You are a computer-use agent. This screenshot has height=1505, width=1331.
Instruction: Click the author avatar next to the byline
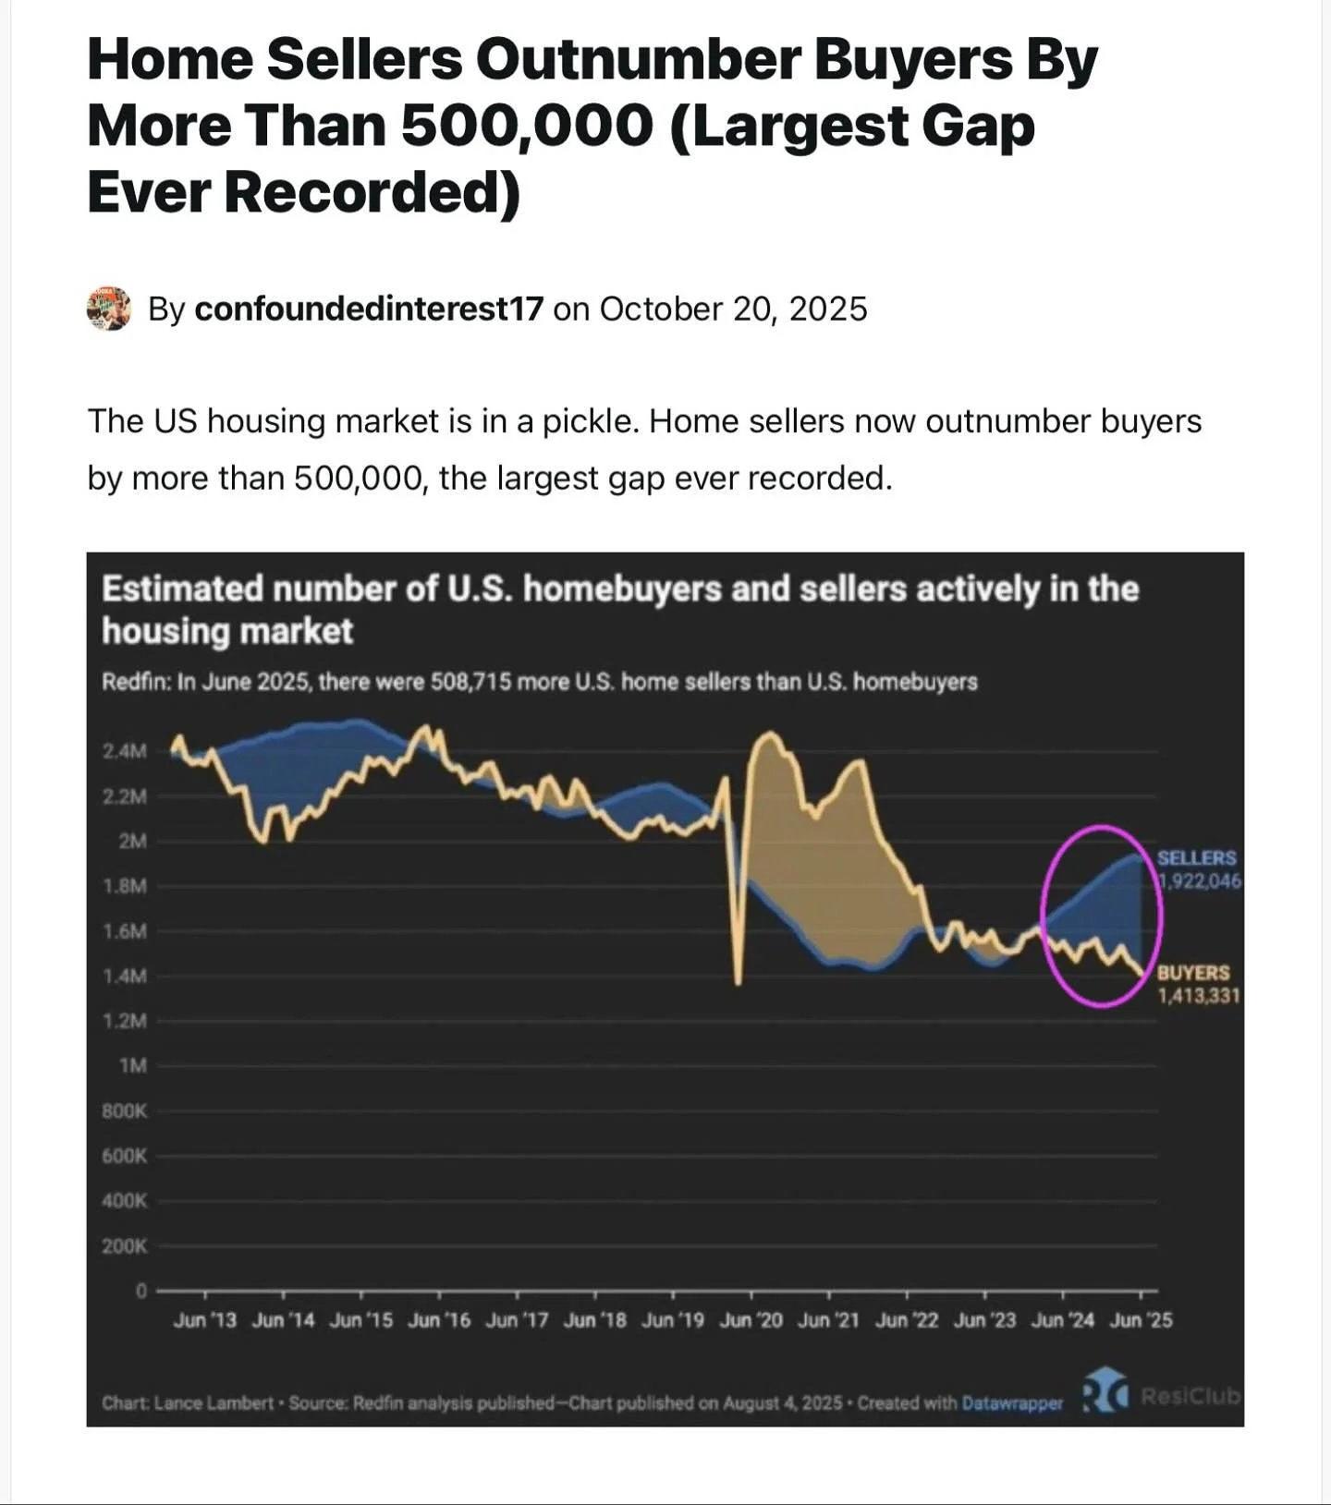109,309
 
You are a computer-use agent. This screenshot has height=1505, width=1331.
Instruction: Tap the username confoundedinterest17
369,309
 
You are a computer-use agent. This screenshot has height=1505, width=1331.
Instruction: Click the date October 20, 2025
733,309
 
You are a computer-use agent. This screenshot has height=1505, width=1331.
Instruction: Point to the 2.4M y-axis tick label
125,752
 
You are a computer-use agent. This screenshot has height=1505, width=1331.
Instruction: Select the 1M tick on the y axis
133,1066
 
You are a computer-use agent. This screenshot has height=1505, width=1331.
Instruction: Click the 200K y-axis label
125,1246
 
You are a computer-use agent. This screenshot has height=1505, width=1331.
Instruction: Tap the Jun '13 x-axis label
204,1320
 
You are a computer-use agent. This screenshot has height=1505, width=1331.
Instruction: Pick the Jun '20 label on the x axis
751,1320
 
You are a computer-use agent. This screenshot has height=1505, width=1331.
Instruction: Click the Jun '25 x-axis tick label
1141,1320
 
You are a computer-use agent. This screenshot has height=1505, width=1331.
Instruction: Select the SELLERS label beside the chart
1196,858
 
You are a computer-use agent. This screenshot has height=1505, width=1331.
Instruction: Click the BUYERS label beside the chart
1193,973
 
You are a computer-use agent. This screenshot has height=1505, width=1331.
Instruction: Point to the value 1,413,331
1198,996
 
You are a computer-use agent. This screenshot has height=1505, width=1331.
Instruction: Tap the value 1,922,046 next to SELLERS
1201,881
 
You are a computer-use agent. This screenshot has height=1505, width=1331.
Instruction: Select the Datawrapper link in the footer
1012,1403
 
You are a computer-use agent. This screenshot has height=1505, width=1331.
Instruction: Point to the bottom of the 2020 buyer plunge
738,982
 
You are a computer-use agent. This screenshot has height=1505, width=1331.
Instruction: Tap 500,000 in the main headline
527,126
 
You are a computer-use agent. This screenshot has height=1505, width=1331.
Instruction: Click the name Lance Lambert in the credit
214,1403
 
